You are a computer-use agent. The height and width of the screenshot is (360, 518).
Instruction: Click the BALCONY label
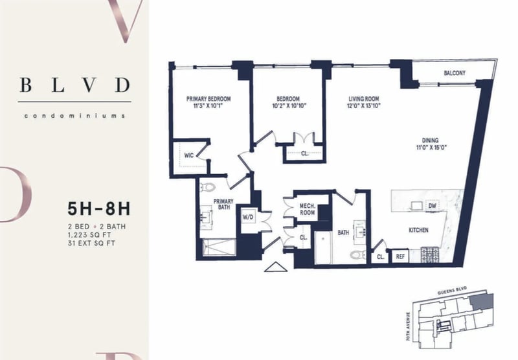455,73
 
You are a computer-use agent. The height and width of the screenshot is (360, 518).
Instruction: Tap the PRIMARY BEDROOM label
208,99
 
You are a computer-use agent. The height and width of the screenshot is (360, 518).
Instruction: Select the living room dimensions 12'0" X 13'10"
364,106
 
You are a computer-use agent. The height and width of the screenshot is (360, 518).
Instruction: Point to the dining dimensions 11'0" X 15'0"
431,148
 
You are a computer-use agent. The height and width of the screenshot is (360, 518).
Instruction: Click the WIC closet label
189,155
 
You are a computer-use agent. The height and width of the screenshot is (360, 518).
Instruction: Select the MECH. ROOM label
307,209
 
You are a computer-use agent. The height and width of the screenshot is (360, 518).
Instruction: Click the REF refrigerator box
400,256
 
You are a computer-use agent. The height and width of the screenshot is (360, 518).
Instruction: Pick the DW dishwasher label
432,206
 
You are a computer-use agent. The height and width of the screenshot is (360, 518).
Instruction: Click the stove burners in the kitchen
430,254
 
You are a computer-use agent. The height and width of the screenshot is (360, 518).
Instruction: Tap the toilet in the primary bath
208,187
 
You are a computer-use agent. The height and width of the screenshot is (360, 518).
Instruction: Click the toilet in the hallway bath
358,254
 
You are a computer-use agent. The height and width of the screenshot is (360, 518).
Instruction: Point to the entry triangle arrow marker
276,267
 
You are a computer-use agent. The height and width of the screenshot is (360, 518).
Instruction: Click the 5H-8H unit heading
99,208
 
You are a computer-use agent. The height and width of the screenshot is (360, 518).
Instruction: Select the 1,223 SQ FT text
89,235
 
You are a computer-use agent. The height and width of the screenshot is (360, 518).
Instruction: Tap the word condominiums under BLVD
74,116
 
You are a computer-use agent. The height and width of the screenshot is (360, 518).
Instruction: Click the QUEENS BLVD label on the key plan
452,291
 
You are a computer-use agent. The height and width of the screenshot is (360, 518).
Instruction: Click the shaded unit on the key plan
482,301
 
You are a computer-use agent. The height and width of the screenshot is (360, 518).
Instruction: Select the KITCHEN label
418,231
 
